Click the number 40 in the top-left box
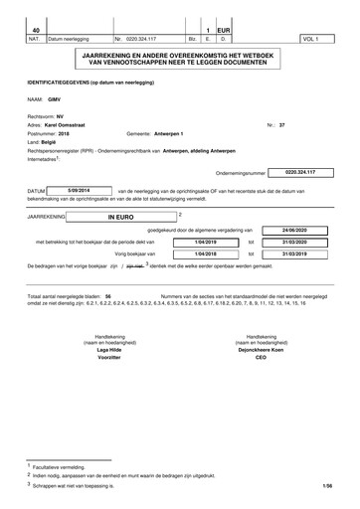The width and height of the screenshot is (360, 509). pyautogui.click(x=36, y=30)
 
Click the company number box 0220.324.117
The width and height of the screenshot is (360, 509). pyautogui.click(x=298, y=172)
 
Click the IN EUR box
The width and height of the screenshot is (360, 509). pyautogui.click(x=120, y=215)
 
